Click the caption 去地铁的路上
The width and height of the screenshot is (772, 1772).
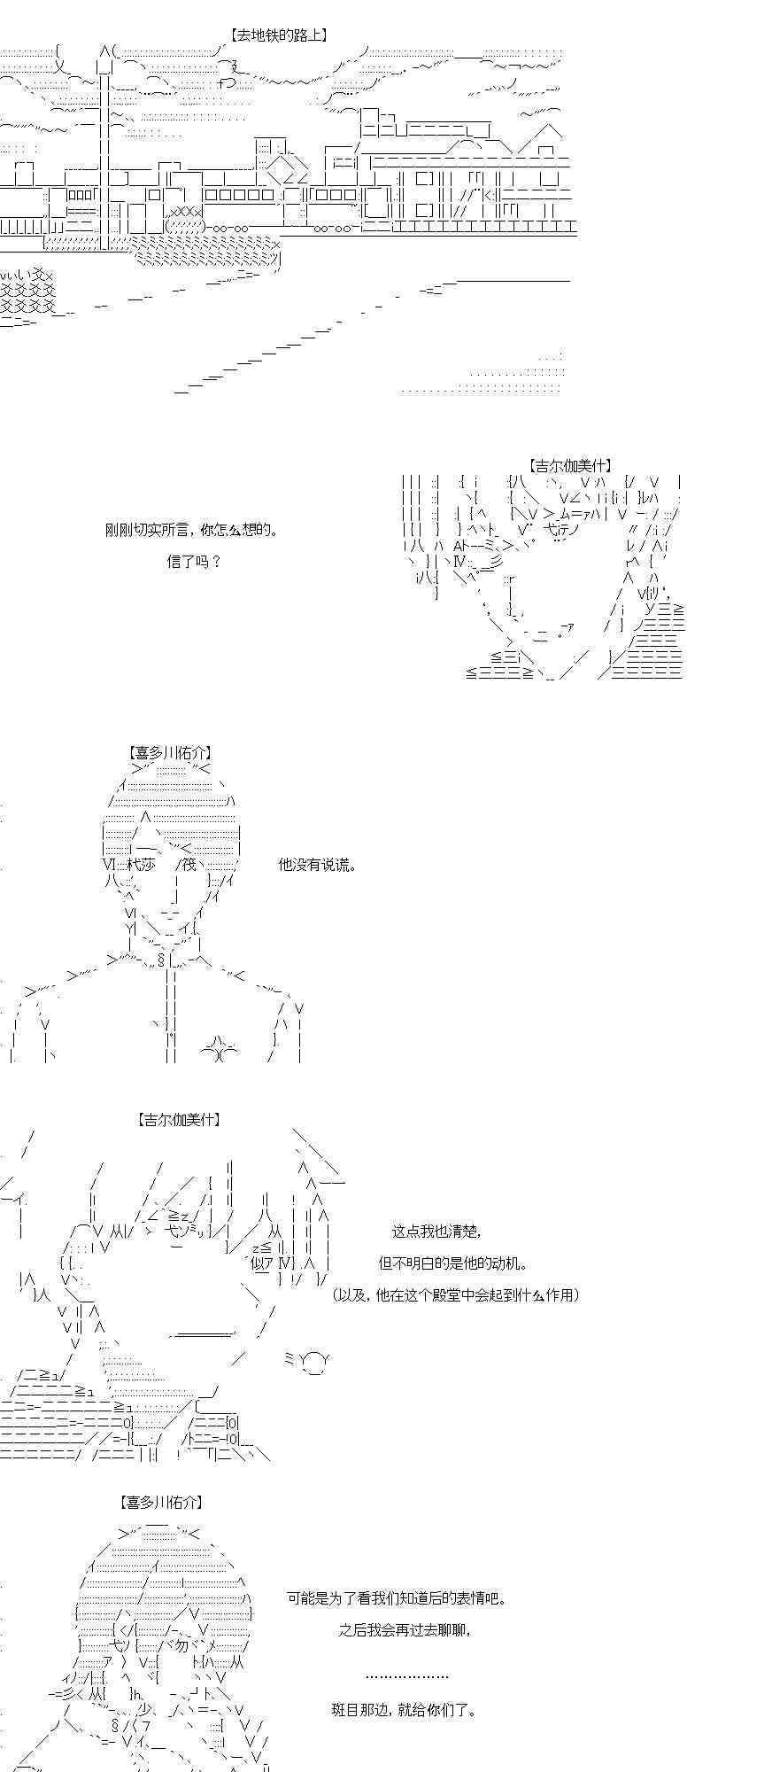click(x=279, y=35)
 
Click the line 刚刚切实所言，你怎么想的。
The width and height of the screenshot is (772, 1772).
click(x=191, y=530)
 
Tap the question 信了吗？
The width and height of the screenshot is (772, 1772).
click(x=193, y=561)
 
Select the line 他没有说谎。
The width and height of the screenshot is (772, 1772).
click(x=318, y=864)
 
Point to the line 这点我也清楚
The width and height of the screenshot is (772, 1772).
click(x=436, y=1231)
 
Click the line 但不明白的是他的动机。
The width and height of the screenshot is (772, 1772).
click(x=454, y=1263)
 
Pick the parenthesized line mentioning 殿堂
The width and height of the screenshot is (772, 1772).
click(x=456, y=1294)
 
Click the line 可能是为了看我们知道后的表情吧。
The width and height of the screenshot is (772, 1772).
click(x=397, y=1598)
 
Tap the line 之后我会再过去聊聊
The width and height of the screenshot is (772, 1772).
click(x=404, y=1629)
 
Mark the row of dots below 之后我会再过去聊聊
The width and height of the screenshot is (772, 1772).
click(x=406, y=1676)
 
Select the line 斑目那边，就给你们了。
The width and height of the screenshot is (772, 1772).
click(x=404, y=1709)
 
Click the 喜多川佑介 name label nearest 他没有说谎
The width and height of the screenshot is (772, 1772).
click(x=170, y=753)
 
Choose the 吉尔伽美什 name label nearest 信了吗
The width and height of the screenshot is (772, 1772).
click(x=570, y=465)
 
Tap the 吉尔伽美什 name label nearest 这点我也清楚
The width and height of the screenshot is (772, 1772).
click(x=178, y=1119)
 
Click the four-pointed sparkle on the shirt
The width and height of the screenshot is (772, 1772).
click(x=220, y=1049)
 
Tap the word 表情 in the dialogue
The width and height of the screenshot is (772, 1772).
click(x=471, y=1598)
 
